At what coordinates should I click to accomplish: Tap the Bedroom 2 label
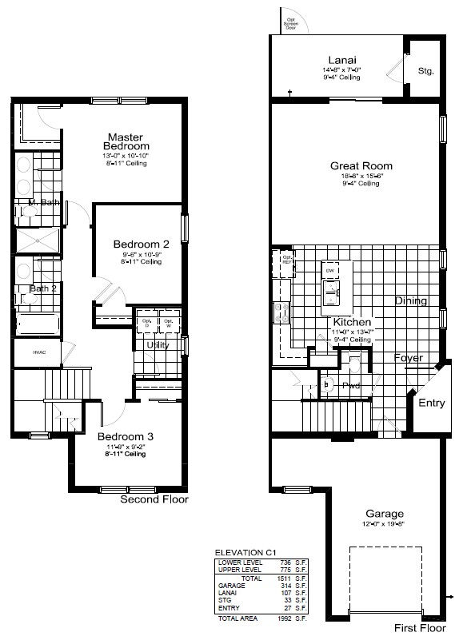141,244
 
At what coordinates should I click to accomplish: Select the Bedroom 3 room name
125,436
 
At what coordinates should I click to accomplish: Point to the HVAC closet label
39,352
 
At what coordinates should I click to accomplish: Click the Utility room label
157,344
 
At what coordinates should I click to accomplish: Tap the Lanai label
341,61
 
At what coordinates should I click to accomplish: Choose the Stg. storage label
425,71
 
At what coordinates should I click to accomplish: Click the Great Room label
361,166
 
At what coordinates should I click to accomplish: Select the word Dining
411,301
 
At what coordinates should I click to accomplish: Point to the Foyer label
408,358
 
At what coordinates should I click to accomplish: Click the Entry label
431,403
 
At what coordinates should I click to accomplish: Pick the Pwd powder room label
351,385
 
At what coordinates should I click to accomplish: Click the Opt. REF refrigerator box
285,262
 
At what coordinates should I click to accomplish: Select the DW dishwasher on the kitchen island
330,272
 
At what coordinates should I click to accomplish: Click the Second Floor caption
154,499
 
